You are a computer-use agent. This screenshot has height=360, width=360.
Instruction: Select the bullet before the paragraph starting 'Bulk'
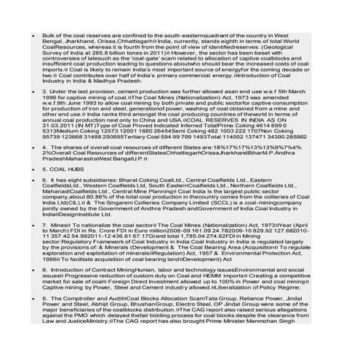[x=26, y=35]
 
